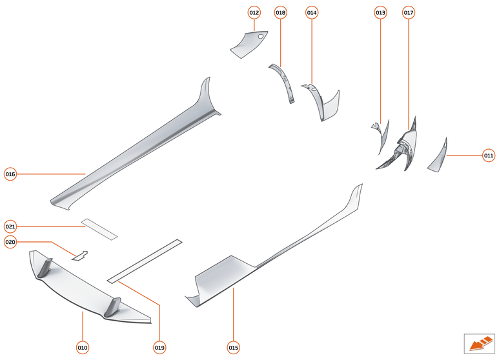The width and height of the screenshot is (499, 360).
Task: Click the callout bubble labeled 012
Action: click(x=254, y=12)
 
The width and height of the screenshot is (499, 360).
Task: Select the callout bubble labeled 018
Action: click(x=280, y=12)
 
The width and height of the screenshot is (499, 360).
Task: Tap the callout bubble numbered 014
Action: click(x=312, y=12)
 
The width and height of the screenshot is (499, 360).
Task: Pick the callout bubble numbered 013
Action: click(x=380, y=12)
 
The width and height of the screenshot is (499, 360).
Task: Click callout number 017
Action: click(x=409, y=12)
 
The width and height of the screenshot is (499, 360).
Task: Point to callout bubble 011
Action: click(x=489, y=155)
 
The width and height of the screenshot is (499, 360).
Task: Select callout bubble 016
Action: click(x=10, y=174)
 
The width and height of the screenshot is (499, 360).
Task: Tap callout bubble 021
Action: click(x=10, y=226)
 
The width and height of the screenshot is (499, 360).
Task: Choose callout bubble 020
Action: click(x=10, y=242)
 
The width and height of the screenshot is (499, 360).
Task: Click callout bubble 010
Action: click(x=83, y=348)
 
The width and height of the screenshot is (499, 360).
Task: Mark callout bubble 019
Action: click(x=159, y=348)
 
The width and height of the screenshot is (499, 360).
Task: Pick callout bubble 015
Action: click(x=233, y=348)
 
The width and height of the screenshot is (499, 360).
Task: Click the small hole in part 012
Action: click(x=260, y=37)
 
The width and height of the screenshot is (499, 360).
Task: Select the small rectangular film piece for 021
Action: click(x=99, y=229)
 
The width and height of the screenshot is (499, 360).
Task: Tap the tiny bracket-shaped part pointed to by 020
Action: click(x=80, y=255)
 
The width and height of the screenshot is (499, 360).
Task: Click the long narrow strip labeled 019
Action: click(x=145, y=261)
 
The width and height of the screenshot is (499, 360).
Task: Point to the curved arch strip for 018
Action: click(x=284, y=82)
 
